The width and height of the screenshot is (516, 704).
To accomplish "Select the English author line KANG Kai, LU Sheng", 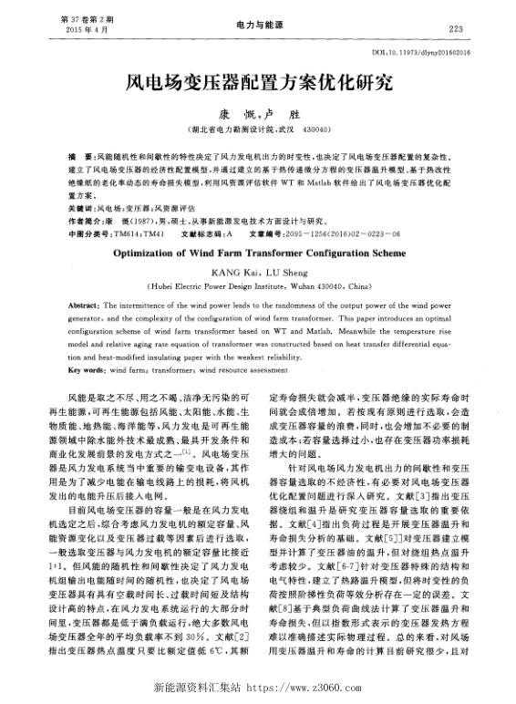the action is point(259,274).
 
